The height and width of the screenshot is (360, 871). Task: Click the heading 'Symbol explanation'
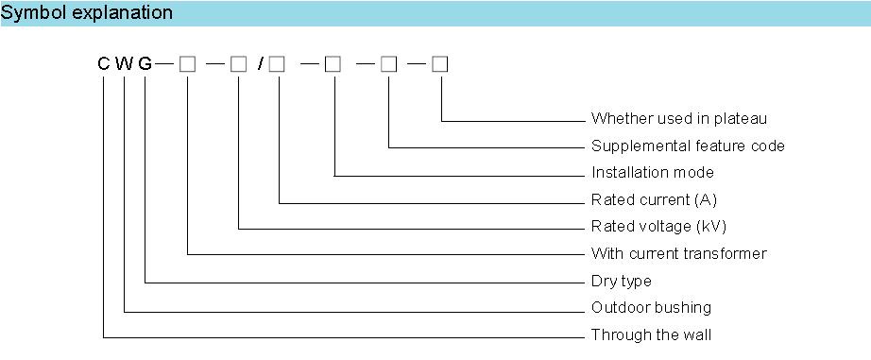[87, 13]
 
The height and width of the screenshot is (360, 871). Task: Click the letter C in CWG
[104, 64]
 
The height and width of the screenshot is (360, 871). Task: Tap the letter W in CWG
[125, 64]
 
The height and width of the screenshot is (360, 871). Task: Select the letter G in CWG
[145, 64]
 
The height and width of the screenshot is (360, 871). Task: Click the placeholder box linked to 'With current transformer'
[188, 64]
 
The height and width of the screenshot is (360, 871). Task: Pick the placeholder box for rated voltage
[238, 64]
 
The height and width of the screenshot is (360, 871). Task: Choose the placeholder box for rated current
[277, 64]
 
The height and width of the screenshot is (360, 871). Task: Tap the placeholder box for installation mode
[333, 64]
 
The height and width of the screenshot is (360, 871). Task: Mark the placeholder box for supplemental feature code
[389, 64]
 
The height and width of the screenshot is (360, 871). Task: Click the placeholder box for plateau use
[440, 64]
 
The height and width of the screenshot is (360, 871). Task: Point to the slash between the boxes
[261, 64]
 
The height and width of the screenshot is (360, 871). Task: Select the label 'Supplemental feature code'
[689, 146]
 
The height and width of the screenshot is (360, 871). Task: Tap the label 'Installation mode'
[653, 172]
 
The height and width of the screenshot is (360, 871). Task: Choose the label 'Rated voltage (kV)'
[658, 227]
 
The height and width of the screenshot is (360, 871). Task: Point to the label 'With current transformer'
[679, 254]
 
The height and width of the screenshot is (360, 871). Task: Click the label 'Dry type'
[621, 282]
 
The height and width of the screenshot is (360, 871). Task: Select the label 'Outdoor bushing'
[651, 308]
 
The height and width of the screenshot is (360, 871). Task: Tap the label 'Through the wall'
[651, 335]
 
